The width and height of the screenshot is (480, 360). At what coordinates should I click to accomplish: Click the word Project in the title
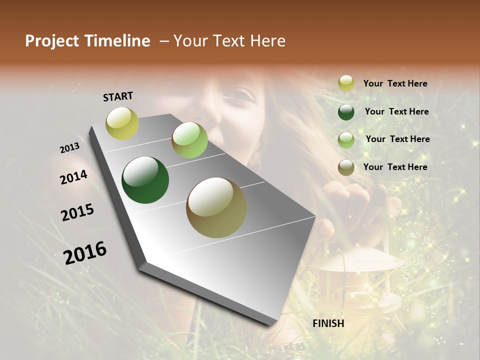pyautogui.click(x=52, y=41)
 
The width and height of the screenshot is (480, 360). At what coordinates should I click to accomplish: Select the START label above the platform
pyautogui.click(x=118, y=96)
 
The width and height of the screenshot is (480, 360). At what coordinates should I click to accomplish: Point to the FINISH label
pyautogui.click(x=328, y=323)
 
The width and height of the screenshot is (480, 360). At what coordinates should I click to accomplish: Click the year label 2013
pyautogui.click(x=69, y=148)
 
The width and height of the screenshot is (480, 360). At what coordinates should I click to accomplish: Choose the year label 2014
pyautogui.click(x=74, y=177)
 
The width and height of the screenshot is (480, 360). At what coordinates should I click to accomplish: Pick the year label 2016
pyautogui.click(x=85, y=253)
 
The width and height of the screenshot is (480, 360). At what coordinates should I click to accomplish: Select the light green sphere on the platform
pyautogui.click(x=189, y=140)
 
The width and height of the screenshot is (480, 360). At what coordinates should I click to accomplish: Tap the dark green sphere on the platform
pyautogui.click(x=145, y=180)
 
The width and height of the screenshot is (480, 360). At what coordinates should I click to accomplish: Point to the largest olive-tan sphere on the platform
pyautogui.click(x=216, y=207)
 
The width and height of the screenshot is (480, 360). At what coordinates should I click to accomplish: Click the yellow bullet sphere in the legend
pyautogui.click(x=346, y=83)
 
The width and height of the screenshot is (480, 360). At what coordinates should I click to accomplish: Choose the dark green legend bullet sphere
pyautogui.click(x=346, y=112)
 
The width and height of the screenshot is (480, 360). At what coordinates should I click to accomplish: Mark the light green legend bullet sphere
pyautogui.click(x=346, y=140)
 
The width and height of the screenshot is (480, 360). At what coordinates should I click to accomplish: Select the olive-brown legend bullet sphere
pyautogui.click(x=346, y=167)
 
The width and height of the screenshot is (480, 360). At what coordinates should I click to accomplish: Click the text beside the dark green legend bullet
pyautogui.click(x=396, y=111)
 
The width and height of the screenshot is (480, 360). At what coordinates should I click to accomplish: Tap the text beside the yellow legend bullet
pyautogui.click(x=395, y=83)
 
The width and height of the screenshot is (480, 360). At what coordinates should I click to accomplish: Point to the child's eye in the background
pyautogui.click(x=243, y=93)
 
